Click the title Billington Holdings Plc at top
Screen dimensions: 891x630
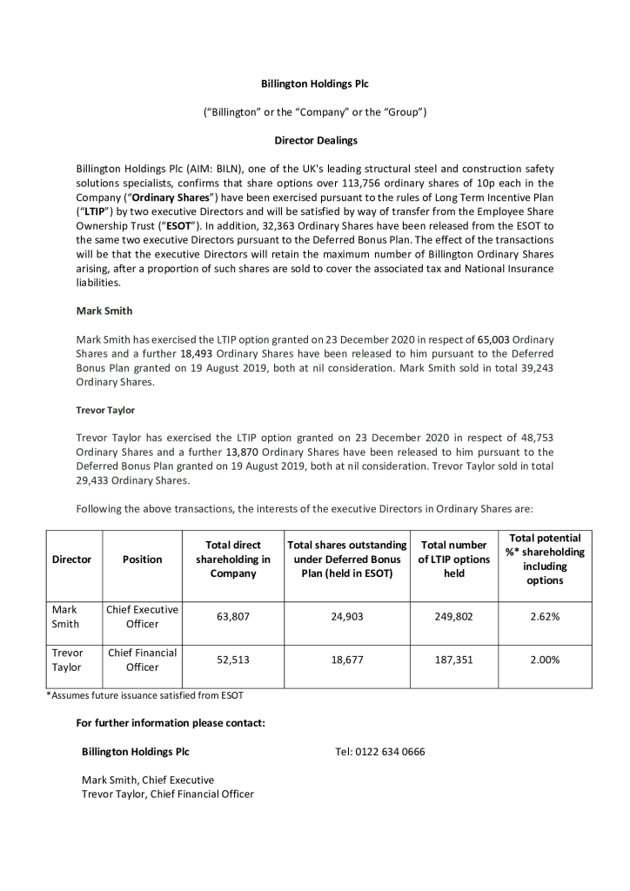pyautogui.click(x=315, y=84)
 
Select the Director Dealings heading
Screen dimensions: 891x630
pyautogui.click(x=315, y=140)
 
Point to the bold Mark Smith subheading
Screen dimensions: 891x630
pyautogui.click(x=104, y=310)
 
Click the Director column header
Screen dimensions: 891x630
pyautogui.click(x=72, y=559)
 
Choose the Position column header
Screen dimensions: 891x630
pyautogui.click(x=142, y=559)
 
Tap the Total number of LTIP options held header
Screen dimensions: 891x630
pyautogui.click(x=453, y=559)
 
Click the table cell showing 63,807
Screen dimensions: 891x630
pyautogui.click(x=232, y=617)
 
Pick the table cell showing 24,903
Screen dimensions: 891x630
pyautogui.click(x=347, y=617)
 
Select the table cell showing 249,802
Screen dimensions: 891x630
pyautogui.click(x=453, y=617)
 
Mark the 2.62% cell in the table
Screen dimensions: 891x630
pyautogui.click(x=545, y=617)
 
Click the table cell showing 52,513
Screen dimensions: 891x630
pyautogui.click(x=232, y=660)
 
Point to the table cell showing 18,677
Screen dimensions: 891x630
pyautogui.click(x=347, y=660)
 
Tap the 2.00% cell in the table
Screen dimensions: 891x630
pyautogui.click(x=545, y=660)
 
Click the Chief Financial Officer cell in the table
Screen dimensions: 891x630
pyautogui.click(x=142, y=660)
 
